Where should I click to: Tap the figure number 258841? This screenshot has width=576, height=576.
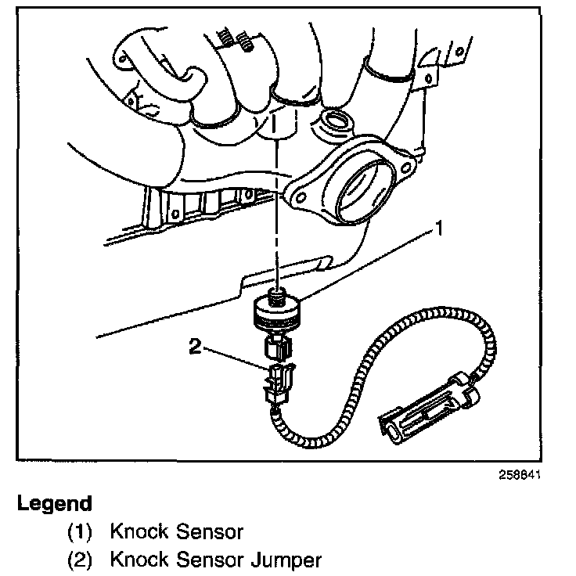click(517, 475)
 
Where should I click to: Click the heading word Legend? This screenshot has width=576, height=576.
click(55, 503)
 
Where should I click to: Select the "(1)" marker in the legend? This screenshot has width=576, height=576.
click(80, 532)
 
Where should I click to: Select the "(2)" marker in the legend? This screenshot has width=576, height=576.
click(80, 560)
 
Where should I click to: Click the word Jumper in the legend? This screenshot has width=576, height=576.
click(283, 560)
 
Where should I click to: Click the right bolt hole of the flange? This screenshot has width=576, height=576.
click(405, 165)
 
